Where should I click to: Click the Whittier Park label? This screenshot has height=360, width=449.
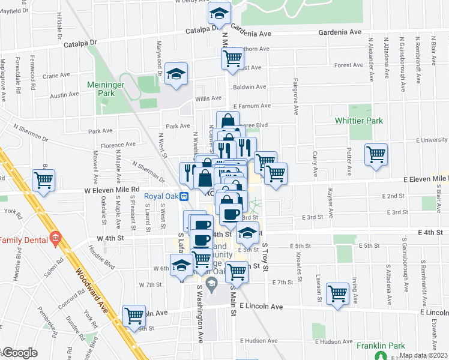coord(358,121)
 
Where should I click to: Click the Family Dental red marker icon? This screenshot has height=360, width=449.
coord(55,238)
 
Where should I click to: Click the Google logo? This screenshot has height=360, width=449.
coord(19,353)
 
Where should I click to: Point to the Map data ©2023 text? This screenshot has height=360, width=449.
coord(423,355)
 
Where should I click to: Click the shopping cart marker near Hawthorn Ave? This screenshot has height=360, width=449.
coord(232,58)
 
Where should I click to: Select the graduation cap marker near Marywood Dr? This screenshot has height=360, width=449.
coord(176,73)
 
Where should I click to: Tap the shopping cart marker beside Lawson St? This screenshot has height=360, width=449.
coord(338,293)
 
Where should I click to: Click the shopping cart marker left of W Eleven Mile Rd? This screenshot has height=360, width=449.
coord(44,180)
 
